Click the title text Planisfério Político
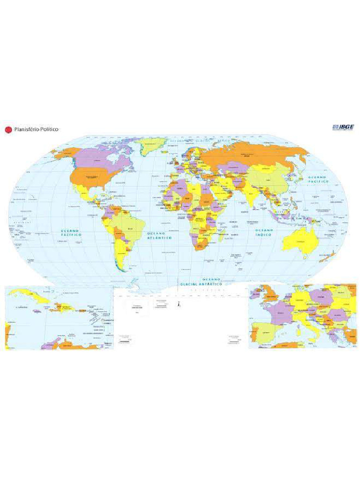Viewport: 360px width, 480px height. pyautogui.click(x=37, y=129)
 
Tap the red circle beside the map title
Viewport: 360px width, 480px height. pyautogui.click(x=7, y=129)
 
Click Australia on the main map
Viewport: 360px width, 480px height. pyautogui.click(x=300, y=241)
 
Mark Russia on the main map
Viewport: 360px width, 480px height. pyautogui.click(x=253, y=152)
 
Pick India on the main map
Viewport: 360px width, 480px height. pyautogui.click(x=254, y=195)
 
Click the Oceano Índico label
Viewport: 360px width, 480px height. pyautogui.click(x=264, y=233)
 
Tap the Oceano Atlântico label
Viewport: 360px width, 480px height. pyautogui.click(x=159, y=235)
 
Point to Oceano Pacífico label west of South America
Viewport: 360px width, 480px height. pyautogui.click(x=71, y=234)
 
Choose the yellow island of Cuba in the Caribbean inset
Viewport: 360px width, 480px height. pyautogui.click(x=31, y=295)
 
